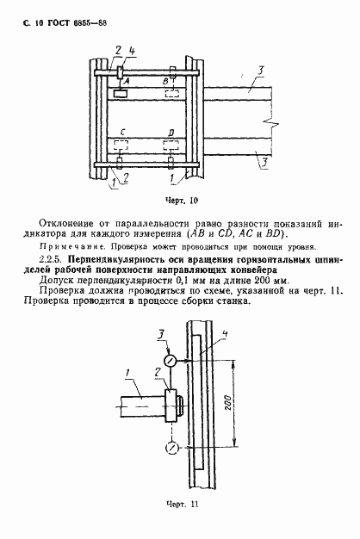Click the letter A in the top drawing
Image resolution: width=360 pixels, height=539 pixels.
point(127,79)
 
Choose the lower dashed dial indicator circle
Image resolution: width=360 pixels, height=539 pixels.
point(172,447)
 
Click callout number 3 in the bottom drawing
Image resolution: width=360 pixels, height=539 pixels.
point(160,331)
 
